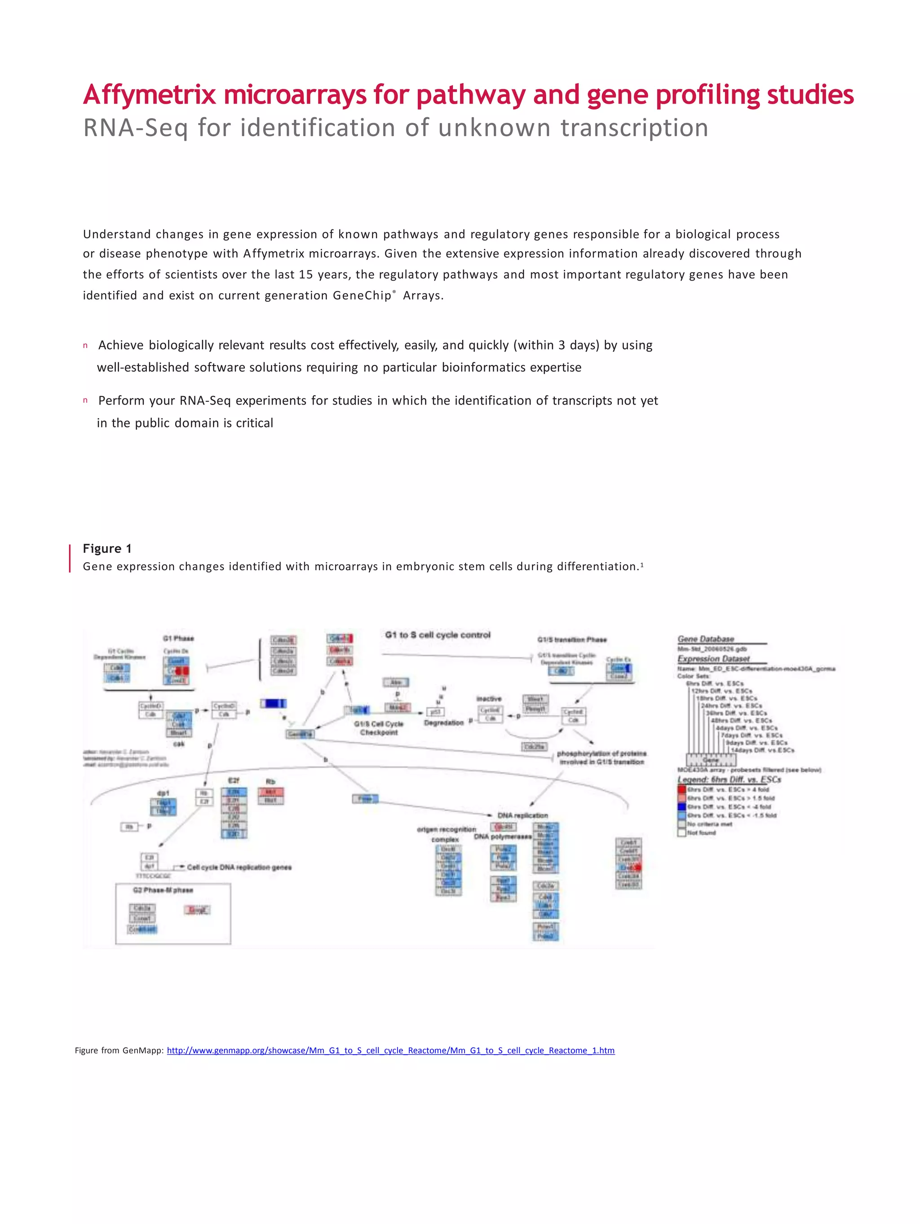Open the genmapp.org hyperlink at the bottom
click(390, 1050)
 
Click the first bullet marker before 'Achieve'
click(85, 346)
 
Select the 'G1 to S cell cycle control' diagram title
click(437, 635)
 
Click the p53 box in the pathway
click(436, 712)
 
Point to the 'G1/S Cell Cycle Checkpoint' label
click(379, 728)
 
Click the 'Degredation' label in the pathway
click(443, 722)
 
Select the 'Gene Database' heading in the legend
click(705, 638)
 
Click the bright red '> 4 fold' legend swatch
click(681, 789)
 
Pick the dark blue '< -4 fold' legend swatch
click(681, 807)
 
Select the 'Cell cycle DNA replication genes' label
click(239, 867)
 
